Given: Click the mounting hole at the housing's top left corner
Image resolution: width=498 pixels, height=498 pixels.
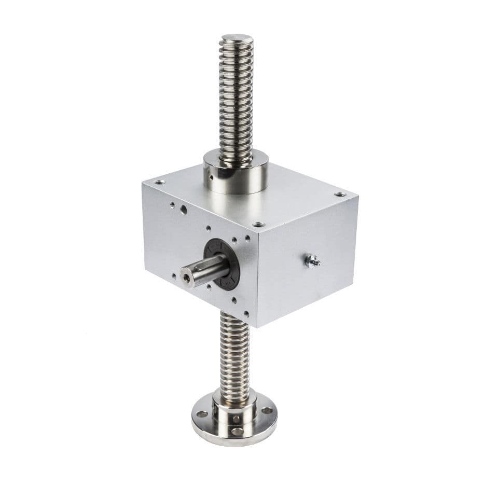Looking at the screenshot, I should (x=159, y=182).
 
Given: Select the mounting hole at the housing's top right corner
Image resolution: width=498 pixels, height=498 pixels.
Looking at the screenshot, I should (x=340, y=195).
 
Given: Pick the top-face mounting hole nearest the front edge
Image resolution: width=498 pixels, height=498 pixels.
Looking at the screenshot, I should (x=258, y=225).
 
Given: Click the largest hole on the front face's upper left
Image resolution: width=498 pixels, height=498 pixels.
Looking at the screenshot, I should (x=183, y=209).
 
